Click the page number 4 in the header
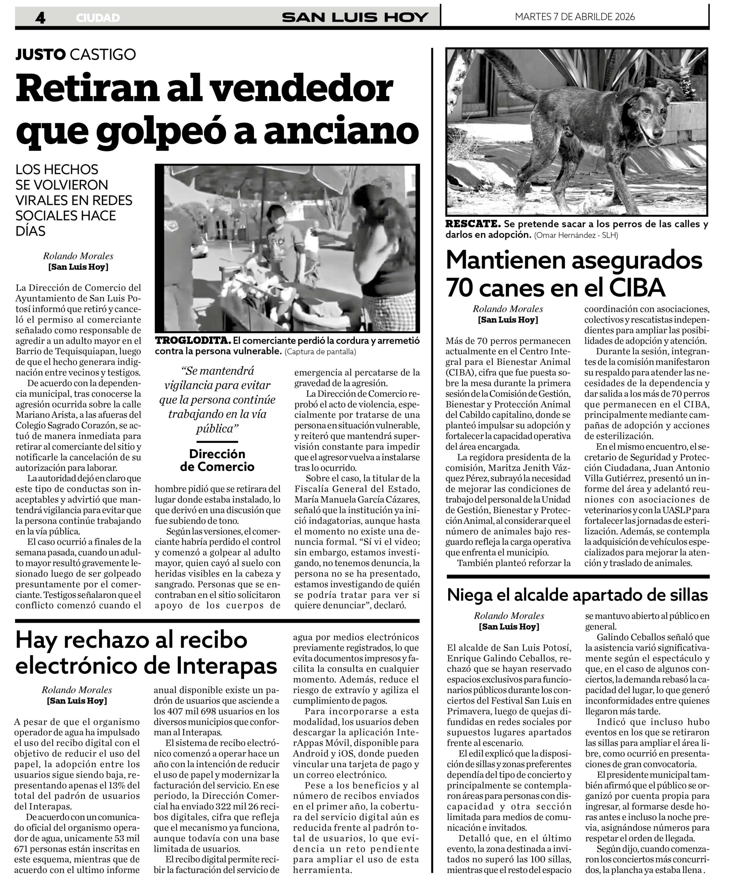tap(40, 17)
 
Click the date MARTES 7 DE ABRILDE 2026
tap(575, 17)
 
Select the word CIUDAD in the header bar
tap(98, 18)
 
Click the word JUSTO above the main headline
tap(40, 54)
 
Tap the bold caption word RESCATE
tap(473, 224)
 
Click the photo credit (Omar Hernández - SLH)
tap(576, 235)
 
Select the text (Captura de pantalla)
tap(320, 352)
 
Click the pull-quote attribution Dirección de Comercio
tap(217, 460)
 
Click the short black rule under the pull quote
tap(217, 441)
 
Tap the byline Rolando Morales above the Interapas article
tap(76, 690)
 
